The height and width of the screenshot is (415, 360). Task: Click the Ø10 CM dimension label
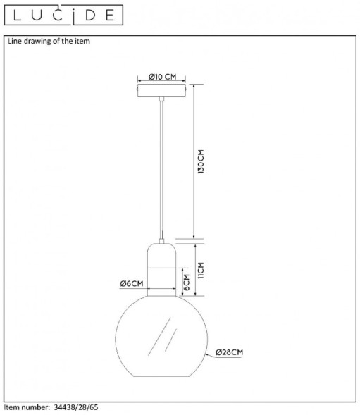tap(162, 77)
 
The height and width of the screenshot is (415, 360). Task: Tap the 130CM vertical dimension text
tap(201, 161)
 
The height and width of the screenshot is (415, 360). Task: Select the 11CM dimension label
tap(201, 270)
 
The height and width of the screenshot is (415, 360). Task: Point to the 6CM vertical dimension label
tap(187, 282)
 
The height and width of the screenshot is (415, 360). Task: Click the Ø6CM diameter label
tap(132, 283)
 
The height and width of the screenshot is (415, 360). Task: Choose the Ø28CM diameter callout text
tap(229, 352)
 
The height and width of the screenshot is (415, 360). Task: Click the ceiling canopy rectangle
tap(161, 90)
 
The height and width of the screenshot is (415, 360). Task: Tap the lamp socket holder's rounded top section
tap(161, 256)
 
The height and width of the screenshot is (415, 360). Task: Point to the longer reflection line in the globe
tap(159, 336)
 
